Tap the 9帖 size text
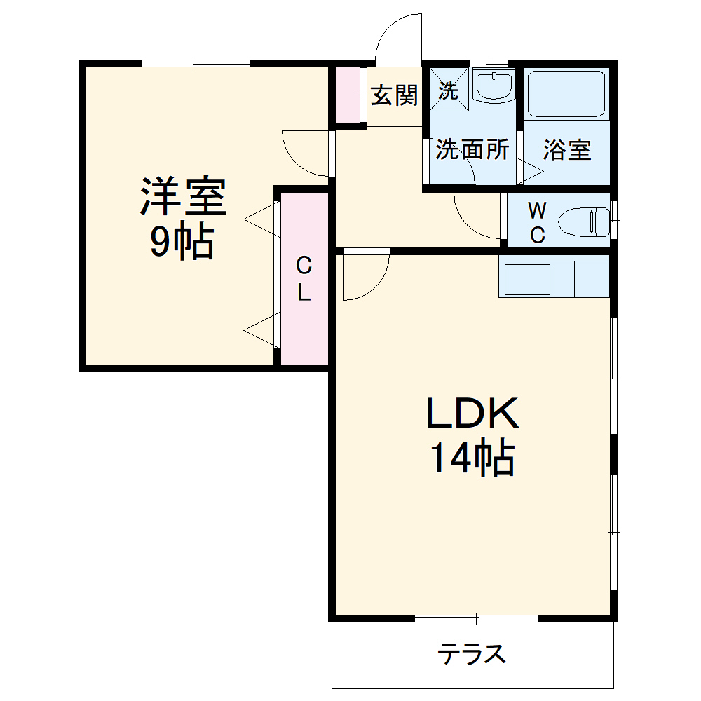tap(182, 243)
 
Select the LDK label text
tap(472, 414)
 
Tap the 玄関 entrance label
tap(394, 95)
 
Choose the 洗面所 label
tap(472, 149)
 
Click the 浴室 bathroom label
tap(567, 149)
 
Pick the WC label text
tap(537, 222)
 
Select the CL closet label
tap(304, 278)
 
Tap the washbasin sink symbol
tap(494, 86)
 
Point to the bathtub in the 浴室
tap(566, 94)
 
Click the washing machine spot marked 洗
tap(448, 89)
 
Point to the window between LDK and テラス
tap(477, 618)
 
